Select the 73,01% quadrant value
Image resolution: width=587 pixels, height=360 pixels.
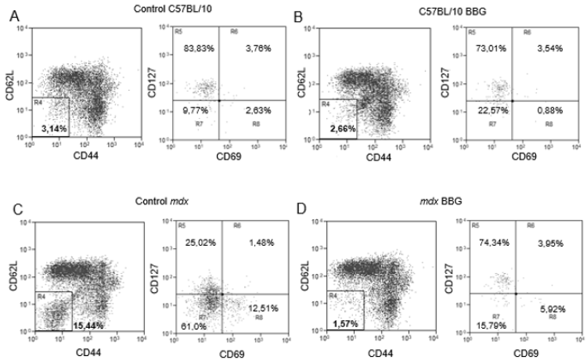coord(484,49)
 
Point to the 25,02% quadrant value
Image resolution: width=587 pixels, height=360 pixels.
coord(200,243)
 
